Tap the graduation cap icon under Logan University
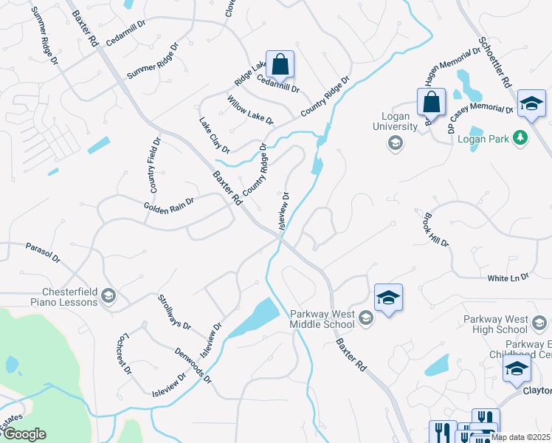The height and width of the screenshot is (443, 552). [395, 143]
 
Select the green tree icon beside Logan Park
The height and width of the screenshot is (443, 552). [520, 137]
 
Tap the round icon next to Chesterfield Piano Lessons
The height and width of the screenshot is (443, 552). [109, 297]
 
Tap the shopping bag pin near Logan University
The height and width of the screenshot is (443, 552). [431, 102]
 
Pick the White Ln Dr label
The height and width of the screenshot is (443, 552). [508, 278]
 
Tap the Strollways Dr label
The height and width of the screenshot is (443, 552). [174, 312]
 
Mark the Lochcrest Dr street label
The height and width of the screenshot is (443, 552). [123, 356]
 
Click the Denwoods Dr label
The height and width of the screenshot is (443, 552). [193, 365]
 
